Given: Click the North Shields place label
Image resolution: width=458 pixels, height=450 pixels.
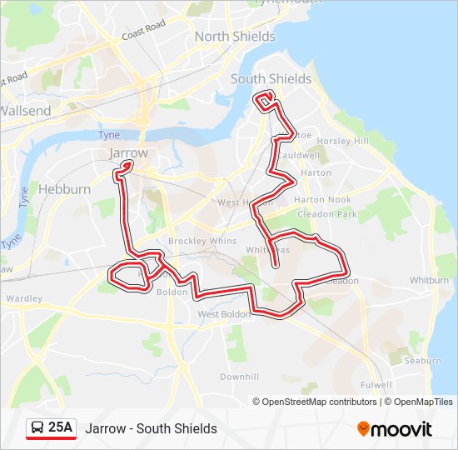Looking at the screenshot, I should pos(235,37).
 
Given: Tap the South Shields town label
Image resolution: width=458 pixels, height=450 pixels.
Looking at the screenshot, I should pos(271,79).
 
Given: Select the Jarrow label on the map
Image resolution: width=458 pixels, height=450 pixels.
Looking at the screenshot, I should pos(128,153).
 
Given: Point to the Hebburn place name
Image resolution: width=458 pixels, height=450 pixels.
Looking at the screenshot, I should pos(65,189).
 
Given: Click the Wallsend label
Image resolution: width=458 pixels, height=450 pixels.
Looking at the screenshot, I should pos(26,111).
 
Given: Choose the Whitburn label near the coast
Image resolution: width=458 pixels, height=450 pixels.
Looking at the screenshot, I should pos(430,281).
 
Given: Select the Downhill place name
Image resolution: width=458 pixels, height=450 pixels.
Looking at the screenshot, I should pos(239,377).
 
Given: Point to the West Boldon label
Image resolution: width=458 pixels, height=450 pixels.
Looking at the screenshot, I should pos(224,314).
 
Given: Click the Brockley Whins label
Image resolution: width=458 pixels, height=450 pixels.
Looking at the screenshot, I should pos(191,241).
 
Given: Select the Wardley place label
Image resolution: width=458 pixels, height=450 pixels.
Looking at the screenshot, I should pos(23,297).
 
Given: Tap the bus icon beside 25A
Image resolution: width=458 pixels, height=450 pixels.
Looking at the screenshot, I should pos(38,428).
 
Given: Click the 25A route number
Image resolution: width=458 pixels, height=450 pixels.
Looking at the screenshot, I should pos(61,428).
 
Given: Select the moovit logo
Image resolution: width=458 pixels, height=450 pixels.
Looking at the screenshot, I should pos(395,429).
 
